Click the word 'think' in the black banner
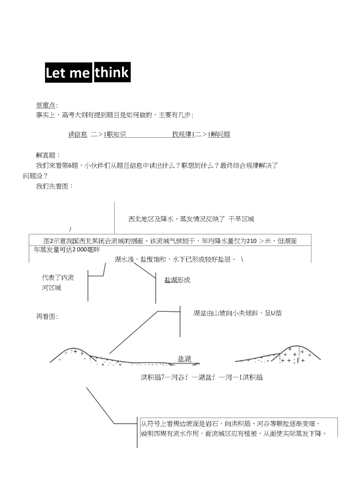[112, 72]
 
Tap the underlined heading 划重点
[46, 105]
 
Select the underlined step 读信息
[78, 134]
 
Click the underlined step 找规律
[182, 134]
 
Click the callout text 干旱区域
[241, 219]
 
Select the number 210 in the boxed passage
[251, 241]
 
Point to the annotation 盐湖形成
[178, 280]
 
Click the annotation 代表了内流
[58, 278]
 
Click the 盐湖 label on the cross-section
[184, 359]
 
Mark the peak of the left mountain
[74, 348]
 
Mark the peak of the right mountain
[297, 346]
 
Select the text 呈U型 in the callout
[273, 313]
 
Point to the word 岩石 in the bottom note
[212, 424]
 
